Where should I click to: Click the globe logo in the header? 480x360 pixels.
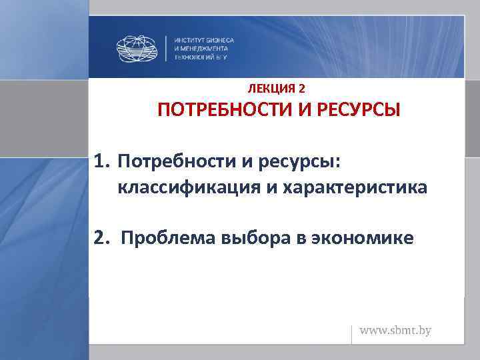[x=139, y=48]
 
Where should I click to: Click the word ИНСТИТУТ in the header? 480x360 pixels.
[x=189, y=40]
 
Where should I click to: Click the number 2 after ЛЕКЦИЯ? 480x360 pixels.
[x=303, y=88]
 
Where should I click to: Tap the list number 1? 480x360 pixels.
[x=101, y=162]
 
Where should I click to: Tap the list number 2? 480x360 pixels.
[x=101, y=238]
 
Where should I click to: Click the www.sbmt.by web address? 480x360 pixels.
[x=396, y=331]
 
